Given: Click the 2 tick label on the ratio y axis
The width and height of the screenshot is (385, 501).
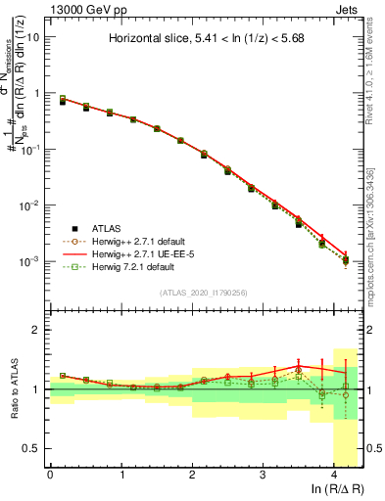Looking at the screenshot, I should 35,330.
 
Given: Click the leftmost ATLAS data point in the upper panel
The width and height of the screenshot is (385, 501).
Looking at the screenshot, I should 63,101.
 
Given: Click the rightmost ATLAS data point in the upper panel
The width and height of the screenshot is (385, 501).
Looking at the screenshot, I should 346,259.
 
